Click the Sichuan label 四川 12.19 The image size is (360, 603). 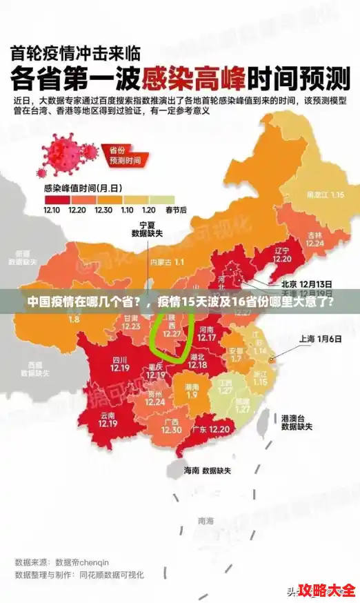pos(119,364)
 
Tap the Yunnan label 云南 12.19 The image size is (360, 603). pos(107,419)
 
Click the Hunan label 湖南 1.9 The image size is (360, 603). pos(191,391)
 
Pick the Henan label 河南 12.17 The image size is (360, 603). pos(207,333)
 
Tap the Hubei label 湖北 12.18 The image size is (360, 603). pos(197,361)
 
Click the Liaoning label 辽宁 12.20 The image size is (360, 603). pos(261,255)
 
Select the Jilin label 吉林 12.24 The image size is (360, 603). pos(314,239)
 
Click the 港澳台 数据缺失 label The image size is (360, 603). pos(297,422)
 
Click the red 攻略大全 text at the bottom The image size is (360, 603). pos(328,591)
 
